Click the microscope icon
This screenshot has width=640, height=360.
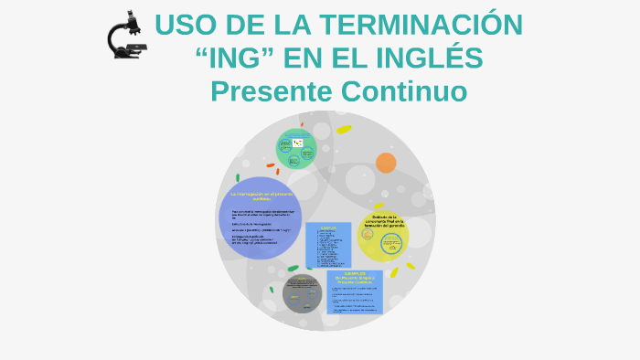click(124, 35)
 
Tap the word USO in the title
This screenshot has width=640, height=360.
click(182, 26)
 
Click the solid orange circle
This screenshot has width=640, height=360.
click(386, 163)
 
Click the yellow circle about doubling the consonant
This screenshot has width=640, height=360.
click(382, 237)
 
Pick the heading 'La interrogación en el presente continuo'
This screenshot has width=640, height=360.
click(261, 196)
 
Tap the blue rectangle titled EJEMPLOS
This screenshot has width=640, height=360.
click(328, 245)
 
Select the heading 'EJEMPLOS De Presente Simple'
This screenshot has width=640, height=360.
click(355, 277)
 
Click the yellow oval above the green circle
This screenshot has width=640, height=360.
click(344, 130)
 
